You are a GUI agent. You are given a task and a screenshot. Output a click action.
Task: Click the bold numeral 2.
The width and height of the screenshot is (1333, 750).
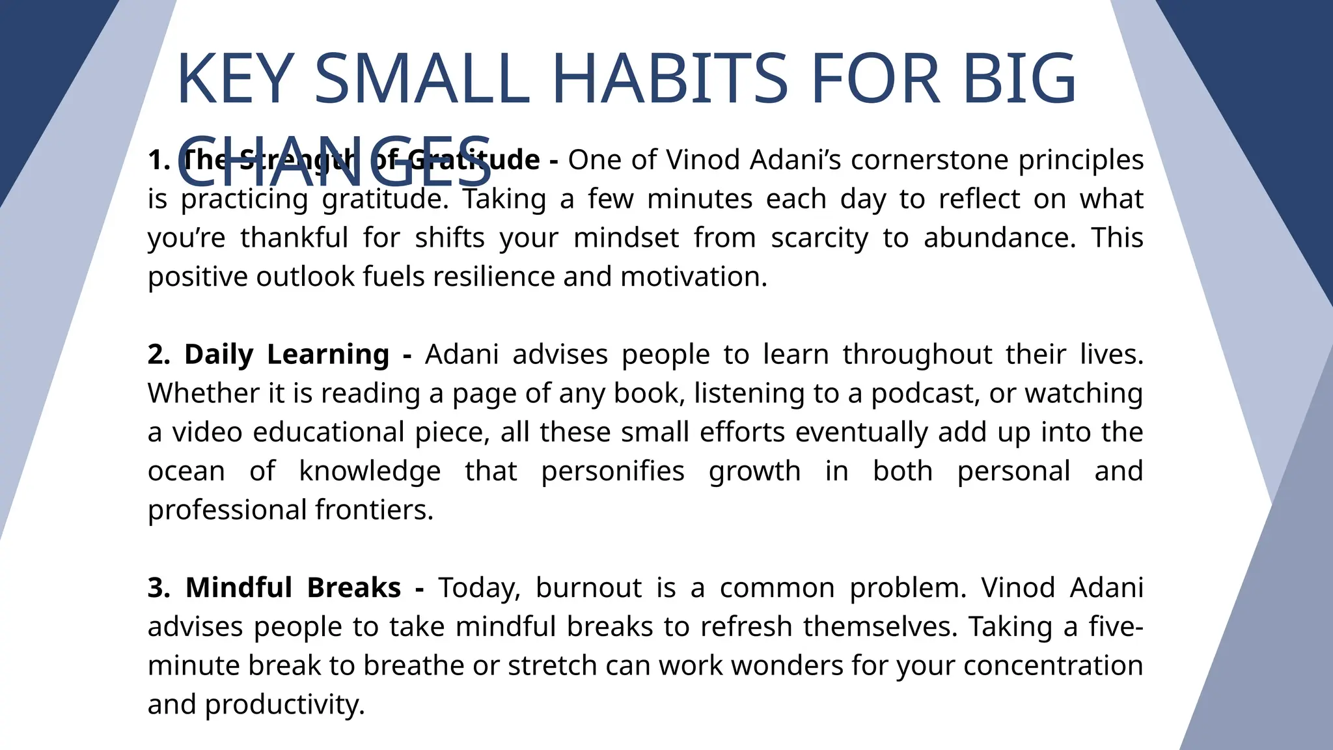click(159, 355)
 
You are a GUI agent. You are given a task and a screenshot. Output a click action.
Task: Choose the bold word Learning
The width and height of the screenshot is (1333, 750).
click(328, 355)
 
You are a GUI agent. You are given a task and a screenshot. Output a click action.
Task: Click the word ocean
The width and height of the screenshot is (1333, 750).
click(186, 471)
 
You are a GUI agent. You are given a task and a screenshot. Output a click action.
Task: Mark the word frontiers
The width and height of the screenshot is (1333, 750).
click(374, 510)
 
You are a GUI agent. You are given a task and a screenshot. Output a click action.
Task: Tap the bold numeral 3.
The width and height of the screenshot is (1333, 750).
click(159, 588)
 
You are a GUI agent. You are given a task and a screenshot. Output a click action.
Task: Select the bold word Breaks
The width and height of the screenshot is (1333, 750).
click(353, 588)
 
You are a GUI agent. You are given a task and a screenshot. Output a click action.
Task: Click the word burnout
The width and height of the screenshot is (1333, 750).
click(588, 588)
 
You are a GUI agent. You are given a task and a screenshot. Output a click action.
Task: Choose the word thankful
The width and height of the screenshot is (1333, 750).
click(294, 238)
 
